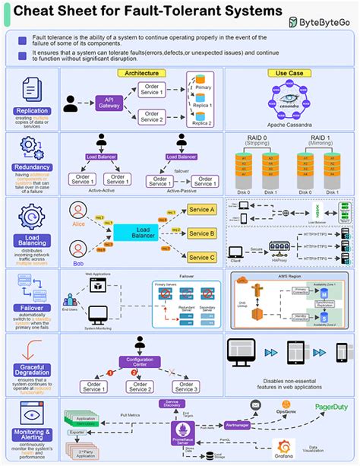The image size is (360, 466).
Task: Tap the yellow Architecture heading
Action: pos(141,73)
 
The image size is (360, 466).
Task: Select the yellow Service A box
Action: pos(201,209)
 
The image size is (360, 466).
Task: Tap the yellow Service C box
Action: pos(201,258)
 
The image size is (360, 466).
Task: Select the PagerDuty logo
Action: pos(331,408)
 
